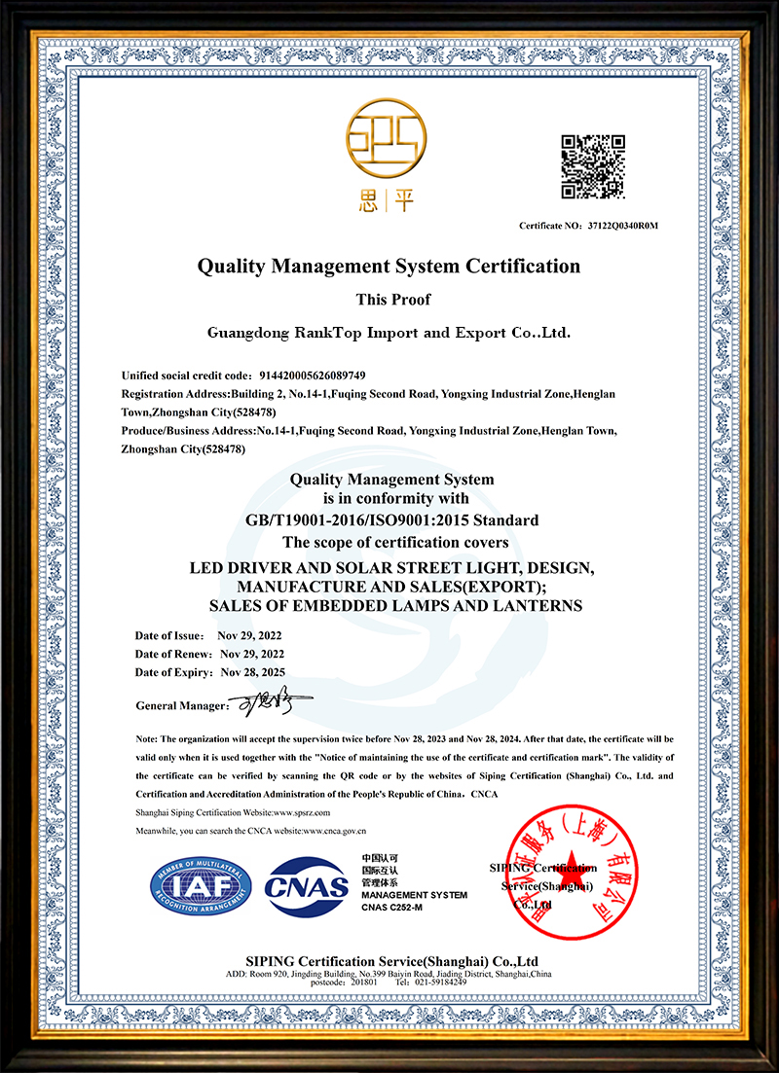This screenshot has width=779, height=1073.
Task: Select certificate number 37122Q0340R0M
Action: (x=623, y=226)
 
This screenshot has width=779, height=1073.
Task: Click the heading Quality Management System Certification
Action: (x=389, y=266)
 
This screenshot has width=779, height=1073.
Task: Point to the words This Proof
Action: (x=389, y=300)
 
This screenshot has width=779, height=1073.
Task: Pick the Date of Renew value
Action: (x=251, y=654)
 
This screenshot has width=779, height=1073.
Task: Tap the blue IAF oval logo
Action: (x=201, y=883)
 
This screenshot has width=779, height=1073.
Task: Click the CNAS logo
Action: (x=307, y=885)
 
